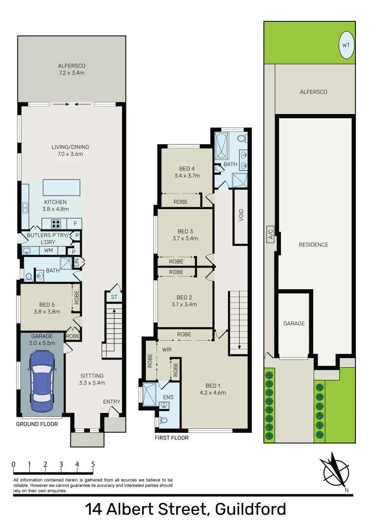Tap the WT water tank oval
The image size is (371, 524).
346,45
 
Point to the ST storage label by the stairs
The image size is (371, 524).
114,297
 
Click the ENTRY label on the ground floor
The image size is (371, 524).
111,402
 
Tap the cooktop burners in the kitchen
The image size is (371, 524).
56,224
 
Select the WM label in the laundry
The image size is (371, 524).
48,250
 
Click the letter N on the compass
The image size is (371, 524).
346,490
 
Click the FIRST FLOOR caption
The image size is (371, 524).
171,438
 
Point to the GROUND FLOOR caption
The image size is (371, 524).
37,424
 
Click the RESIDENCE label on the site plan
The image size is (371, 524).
313,245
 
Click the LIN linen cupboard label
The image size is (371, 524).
76,262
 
